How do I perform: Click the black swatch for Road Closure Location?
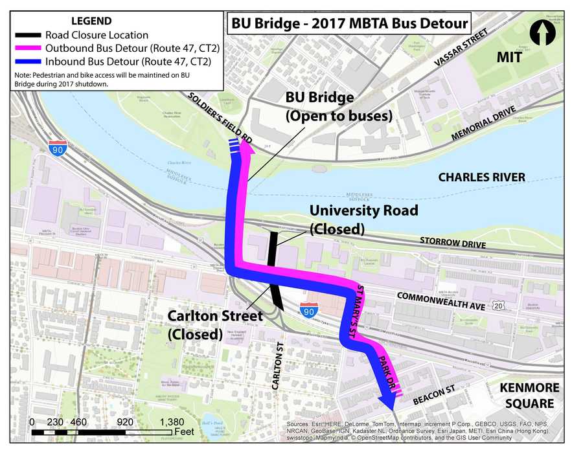tap(27, 35)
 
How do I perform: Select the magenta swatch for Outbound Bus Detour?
tap(27, 48)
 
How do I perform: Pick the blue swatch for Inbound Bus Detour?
tap(27, 62)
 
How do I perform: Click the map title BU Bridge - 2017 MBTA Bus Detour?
tap(349, 24)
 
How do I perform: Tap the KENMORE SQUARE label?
tap(526, 396)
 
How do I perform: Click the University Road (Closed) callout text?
tap(363, 219)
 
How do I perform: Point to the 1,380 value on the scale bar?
tap(170, 422)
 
